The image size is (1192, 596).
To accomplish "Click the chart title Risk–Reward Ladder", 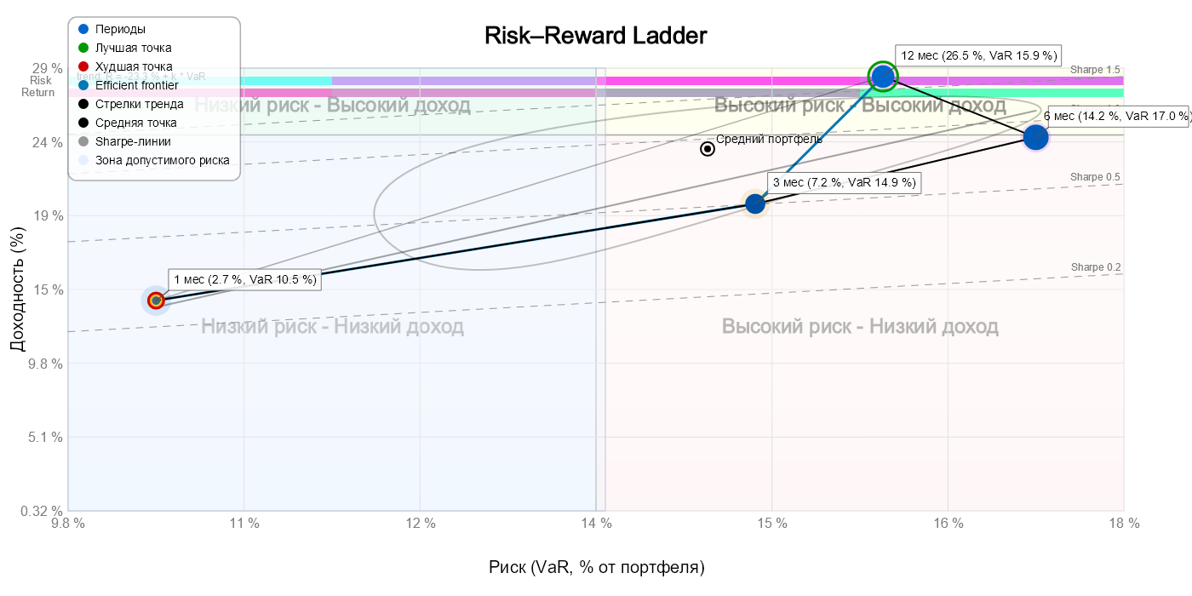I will pyautogui.click(x=595, y=36).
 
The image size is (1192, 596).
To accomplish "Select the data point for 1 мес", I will pyautogui.click(x=156, y=301).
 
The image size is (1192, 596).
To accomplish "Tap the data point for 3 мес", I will pyautogui.click(x=755, y=203).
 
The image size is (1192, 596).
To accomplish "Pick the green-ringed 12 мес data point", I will pyautogui.click(x=883, y=77).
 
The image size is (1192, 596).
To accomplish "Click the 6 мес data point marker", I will pyautogui.click(x=1035, y=137).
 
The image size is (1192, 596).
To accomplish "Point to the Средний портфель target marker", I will pyautogui.click(x=708, y=149).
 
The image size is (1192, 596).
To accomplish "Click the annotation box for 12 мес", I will pyautogui.click(x=978, y=55).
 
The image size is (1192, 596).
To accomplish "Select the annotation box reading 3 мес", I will pyautogui.click(x=844, y=182).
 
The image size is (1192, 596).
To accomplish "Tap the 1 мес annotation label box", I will pyautogui.click(x=244, y=279).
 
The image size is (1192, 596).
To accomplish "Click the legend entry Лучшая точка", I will pyautogui.click(x=133, y=48).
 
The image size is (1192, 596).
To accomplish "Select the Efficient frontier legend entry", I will pyautogui.click(x=137, y=85).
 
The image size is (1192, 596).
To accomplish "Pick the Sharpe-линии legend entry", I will pyautogui.click(x=133, y=141).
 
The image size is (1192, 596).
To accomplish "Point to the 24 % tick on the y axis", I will pyautogui.click(x=46, y=142).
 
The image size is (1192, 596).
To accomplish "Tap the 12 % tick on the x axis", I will pyautogui.click(x=420, y=524).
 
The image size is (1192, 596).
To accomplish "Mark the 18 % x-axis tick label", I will pyautogui.click(x=1123, y=524).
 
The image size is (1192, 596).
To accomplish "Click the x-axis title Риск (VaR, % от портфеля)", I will pyautogui.click(x=596, y=567).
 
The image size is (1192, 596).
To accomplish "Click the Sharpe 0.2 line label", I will pyautogui.click(x=1095, y=267).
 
